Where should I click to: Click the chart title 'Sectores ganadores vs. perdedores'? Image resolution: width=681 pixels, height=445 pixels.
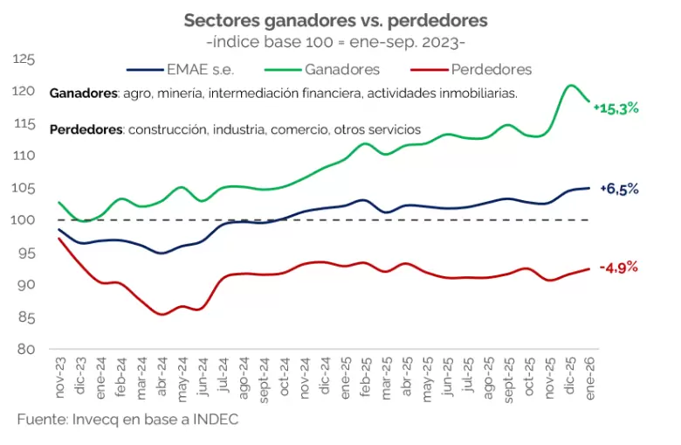335,19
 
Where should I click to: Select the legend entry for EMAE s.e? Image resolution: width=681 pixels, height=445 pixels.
198,69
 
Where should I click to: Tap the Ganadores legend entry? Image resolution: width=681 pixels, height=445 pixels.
341,69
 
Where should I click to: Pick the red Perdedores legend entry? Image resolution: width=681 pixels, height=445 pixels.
492,69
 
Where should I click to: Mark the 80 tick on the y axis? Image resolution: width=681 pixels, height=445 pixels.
26,350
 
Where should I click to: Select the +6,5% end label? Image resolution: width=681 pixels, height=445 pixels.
619,189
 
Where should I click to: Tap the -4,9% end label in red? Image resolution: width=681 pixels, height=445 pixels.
619,268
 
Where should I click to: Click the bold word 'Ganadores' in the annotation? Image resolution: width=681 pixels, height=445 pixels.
83,93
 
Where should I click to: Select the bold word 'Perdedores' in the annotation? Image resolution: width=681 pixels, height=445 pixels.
86,129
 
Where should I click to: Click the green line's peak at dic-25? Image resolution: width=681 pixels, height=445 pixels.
570,85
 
